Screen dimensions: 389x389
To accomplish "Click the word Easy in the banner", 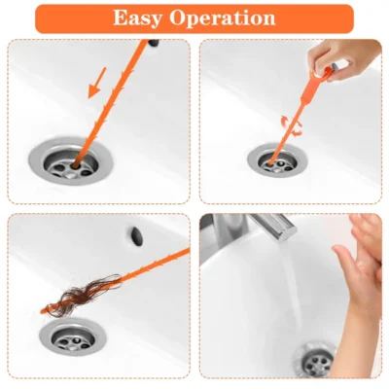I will click(144, 18).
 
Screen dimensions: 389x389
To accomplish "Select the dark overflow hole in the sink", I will click(134, 234).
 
